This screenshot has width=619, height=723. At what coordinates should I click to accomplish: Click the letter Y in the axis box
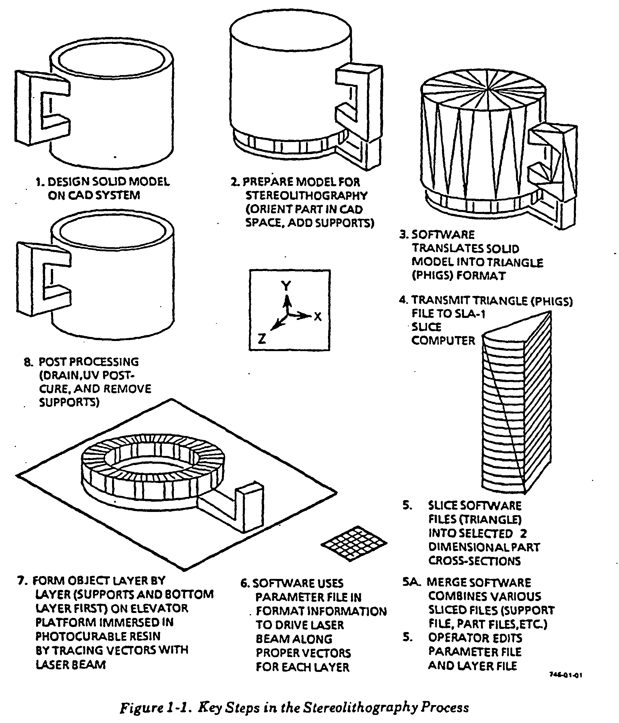(286, 286)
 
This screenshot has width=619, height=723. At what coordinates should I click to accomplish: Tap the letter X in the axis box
(318, 316)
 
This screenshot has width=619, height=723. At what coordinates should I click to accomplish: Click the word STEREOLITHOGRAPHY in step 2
(306, 195)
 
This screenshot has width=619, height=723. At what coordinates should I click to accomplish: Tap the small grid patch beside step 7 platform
(354, 544)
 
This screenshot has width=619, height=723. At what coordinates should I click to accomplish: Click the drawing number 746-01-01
(566, 685)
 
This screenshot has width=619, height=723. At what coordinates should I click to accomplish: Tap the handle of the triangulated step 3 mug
(551, 164)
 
